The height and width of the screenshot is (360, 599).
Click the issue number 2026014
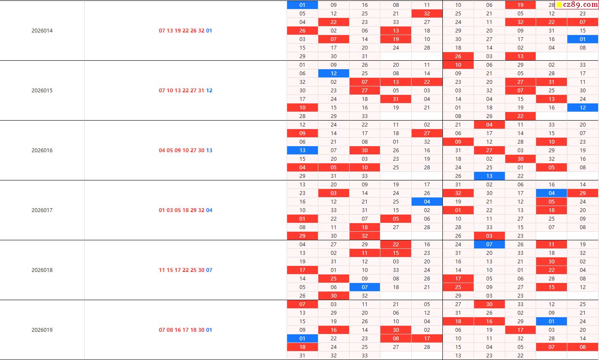[x=42, y=31]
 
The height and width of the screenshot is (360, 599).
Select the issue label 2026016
[x=42, y=150]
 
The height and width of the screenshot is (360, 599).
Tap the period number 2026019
[x=42, y=330]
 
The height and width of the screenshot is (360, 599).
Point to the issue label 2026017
[x=42, y=210]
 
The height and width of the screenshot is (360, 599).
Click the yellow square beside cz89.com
[x=559, y=6]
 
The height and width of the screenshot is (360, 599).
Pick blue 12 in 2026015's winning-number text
[x=209, y=91]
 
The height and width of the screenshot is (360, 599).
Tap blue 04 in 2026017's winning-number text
[x=209, y=210]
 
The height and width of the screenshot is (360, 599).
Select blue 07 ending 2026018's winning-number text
[x=209, y=270]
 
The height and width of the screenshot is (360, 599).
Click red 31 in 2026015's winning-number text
[x=201, y=91]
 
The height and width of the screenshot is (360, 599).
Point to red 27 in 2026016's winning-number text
[x=193, y=150]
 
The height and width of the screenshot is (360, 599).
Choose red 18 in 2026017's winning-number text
[x=185, y=210]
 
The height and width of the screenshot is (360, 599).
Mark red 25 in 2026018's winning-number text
[x=193, y=270]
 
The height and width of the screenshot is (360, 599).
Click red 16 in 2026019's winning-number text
[x=178, y=330]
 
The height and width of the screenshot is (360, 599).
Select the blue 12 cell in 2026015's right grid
[x=583, y=108]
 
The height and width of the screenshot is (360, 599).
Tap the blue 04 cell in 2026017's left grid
[x=427, y=202]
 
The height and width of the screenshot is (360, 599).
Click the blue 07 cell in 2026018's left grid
[x=365, y=287]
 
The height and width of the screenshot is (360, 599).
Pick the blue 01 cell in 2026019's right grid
[x=552, y=322]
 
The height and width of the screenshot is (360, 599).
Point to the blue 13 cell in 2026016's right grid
[x=489, y=176]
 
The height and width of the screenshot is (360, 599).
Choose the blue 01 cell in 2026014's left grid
[x=302, y=5]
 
